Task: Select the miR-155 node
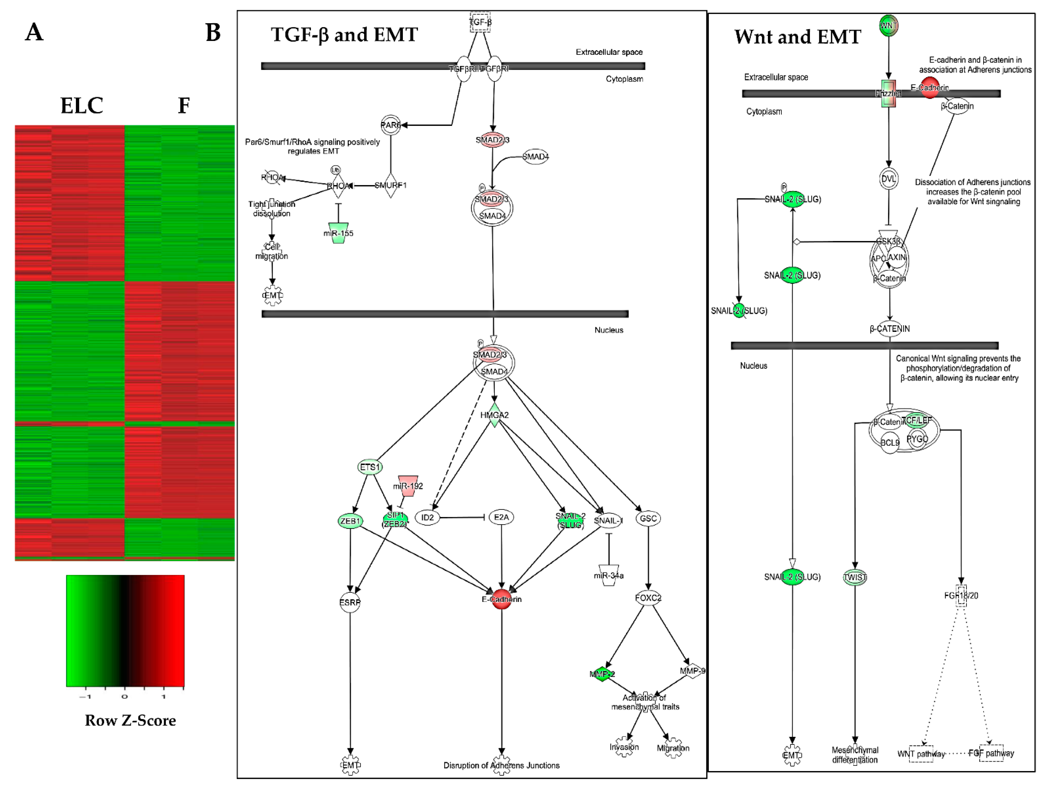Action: pyautogui.click(x=338, y=233)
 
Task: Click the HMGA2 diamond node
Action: pyautogui.click(x=494, y=415)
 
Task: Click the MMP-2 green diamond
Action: pyautogui.click(x=602, y=674)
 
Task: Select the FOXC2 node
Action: pyautogui.click(x=648, y=598)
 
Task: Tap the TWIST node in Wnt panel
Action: pyautogui.click(x=855, y=577)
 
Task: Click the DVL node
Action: pyautogui.click(x=888, y=179)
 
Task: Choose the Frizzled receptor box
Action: pyautogui.click(x=888, y=93)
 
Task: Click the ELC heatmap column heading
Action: pyautogui.click(x=81, y=105)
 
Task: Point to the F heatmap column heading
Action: pyautogui.click(x=184, y=105)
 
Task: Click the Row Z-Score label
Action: pyautogui.click(x=130, y=720)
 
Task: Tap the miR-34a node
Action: pyautogui.click(x=609, y=575)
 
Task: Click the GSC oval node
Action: pyautogui.click(x=648, y=518)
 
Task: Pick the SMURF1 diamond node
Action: pyautogui.click(x=390, y=185)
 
